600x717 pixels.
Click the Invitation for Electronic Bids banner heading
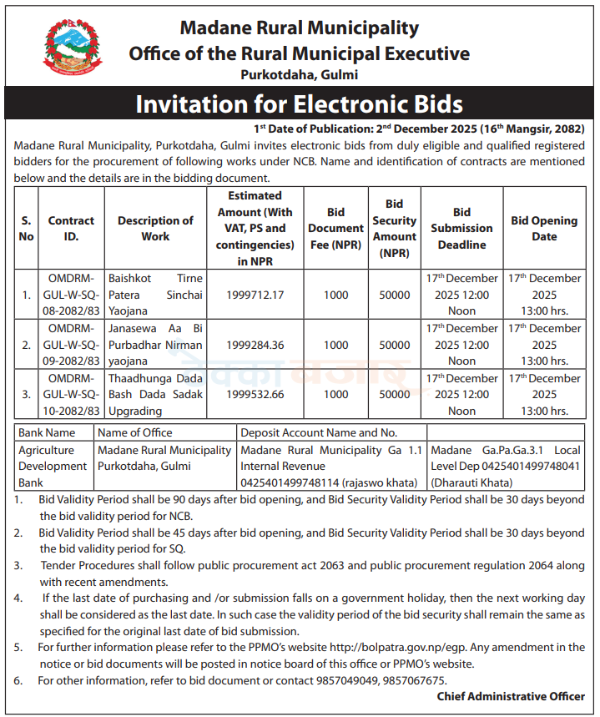[x=299, y=104]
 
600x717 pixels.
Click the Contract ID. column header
[x=71, y=229]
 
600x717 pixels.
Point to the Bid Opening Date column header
[x=544, y=229]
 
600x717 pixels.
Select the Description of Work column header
[x=155, y=229]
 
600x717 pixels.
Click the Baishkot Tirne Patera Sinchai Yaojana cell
[x=155, y=295]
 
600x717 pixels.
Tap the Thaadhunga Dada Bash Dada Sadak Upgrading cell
[x=155, y=395]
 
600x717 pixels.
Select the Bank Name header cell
[x=47, y=432]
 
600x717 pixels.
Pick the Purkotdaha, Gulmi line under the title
[x=299, y=75]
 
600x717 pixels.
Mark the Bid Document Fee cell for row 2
[x=335, y=345]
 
